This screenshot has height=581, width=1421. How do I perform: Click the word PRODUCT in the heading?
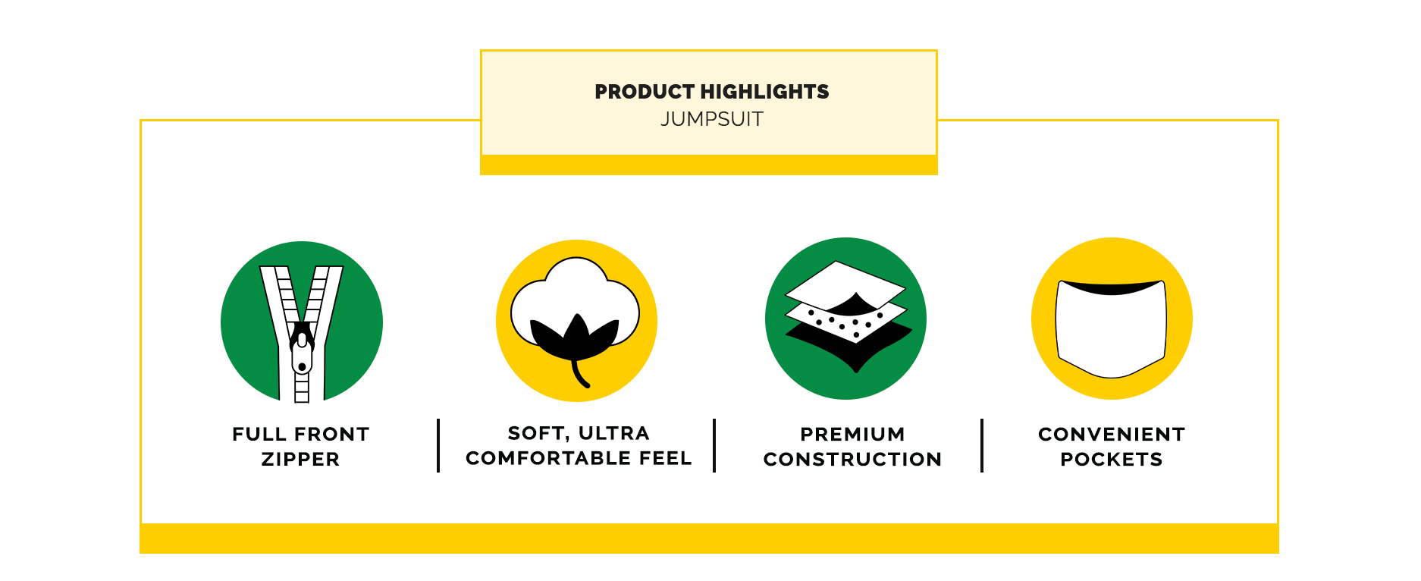[x=645, y=92]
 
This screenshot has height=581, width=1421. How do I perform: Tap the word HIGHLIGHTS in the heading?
[x=765, y=92]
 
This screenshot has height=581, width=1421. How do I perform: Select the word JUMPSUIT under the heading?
[x=712, y=119]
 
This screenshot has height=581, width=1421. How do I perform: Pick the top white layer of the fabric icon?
[x=845, y=284]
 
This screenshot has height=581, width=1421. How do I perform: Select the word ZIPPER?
[x=300, y=459]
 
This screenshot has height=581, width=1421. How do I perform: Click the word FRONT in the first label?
[x=331, y=434]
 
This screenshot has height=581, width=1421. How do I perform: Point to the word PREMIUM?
[x=852, y=434]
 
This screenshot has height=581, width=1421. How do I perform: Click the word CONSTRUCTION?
[x=852, y=459]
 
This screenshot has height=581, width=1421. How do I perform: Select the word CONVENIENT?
[x=1112, y=434]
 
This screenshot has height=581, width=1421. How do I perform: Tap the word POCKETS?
[x=1112, y=459]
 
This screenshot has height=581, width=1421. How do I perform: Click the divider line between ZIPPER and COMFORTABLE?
[x=438, y=445]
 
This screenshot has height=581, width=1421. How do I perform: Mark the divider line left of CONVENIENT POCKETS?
[x=982, y=445]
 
